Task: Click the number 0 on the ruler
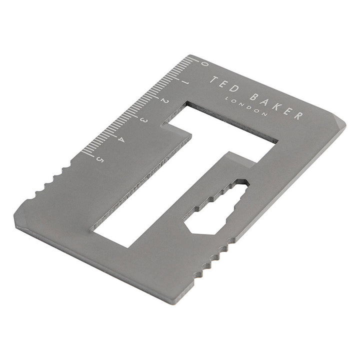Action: click(x=203, y=63)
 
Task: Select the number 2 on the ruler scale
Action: click(x=162, y=100)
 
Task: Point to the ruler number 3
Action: click(x=142, y=119)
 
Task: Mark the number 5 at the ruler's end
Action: click(x=100, y=159)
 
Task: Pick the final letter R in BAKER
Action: click(x=298, y=116)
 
